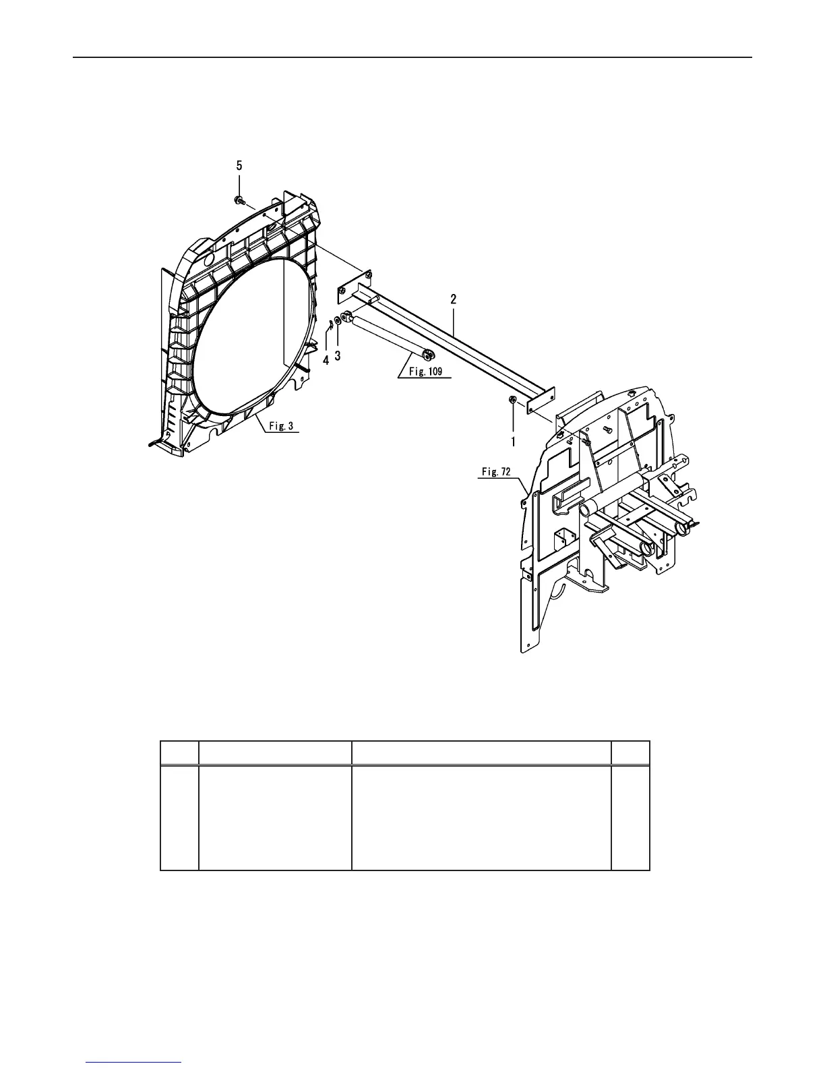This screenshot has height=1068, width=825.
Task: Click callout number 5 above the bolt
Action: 239,165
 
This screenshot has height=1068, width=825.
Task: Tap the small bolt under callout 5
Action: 239,200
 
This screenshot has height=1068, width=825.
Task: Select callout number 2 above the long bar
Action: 454,299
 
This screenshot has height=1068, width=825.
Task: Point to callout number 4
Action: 326,361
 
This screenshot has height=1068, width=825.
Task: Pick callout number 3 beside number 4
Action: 338,355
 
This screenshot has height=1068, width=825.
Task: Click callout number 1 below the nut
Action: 513,442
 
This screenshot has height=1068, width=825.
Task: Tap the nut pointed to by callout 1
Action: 512,401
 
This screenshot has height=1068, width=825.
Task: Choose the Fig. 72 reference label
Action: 495,472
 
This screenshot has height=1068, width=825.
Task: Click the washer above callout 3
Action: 338,319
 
